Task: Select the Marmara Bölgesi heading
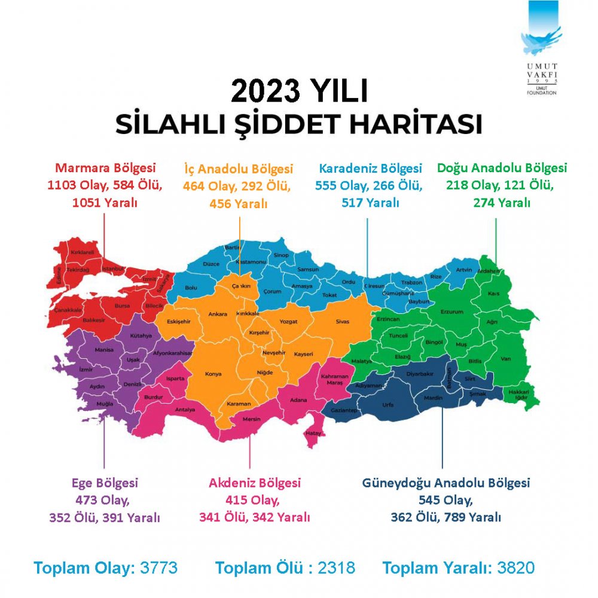[x=105, y=169]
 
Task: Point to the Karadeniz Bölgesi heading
[x=370, y=169]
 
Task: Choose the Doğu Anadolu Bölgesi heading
[x=502, y=169]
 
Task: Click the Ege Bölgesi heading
[x=105, y=483]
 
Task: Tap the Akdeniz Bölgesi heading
[x=255, y=483]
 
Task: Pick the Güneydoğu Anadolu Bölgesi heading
[x=446, y=483]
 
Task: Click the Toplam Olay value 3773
[x=158, y=568]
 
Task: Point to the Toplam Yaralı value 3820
[x=515, y=568]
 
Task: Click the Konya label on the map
[x=213, y=374]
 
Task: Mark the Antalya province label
[x=185, y=410]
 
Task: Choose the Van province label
[x=505, y=359]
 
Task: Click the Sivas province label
[x=342, y=322]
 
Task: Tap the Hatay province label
[x=314, y=433]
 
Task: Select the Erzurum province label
[x=452, y=312]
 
